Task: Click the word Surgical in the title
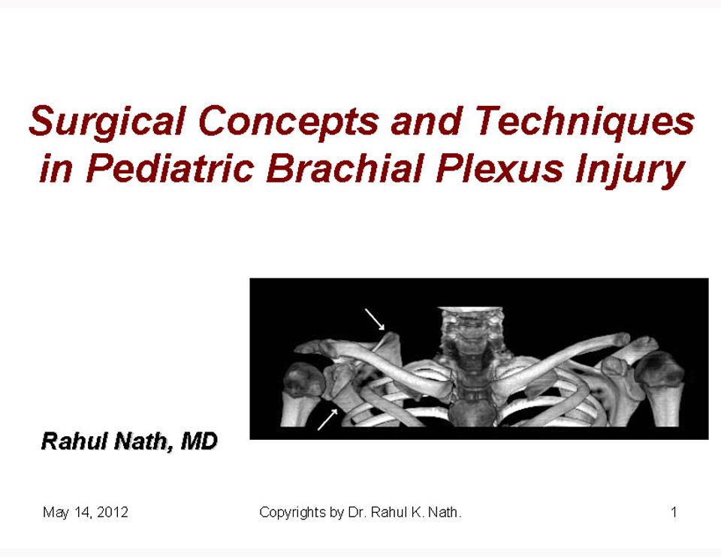[x=107, y=122]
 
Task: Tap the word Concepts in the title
[x=289, y=122]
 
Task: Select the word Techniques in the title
[x=584, y=122]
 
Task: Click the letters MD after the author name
[x=199, y=441]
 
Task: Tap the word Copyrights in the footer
[x=292, y=513]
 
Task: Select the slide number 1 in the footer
[x=674, y=512]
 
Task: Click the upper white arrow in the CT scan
[x=375, y=319]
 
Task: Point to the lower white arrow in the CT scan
[x=328, y=420]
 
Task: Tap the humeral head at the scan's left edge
[x=302, y=380]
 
